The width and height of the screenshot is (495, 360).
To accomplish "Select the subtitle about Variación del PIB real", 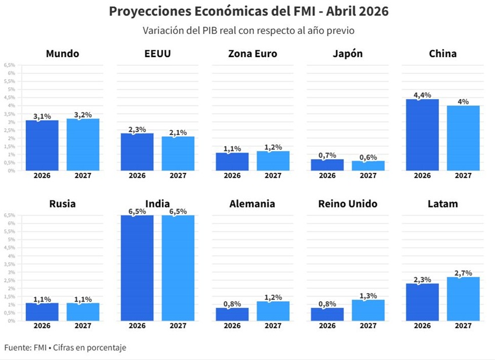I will [x=249, y=30].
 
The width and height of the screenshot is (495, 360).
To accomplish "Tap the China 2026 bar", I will [x=422, y=135].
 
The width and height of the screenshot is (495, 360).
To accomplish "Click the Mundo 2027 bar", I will [x=83, y=144].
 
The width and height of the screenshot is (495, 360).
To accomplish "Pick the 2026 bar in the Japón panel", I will [x=327, y=165].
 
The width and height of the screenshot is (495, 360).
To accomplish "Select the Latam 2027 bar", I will [x=463, y=298].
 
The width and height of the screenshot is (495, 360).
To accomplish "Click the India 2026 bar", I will [x=137, y=268].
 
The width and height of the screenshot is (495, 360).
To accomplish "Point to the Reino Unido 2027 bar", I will [x=368, y=310].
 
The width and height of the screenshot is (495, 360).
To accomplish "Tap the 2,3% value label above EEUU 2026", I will [x=137, y=129].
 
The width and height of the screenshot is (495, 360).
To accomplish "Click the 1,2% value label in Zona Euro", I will [x=273, y=147].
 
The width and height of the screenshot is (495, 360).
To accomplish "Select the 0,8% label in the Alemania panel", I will [x=232, y=303].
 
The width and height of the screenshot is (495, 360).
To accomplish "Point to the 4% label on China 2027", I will [x=463, y=101].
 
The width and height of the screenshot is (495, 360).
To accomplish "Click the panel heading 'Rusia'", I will [x=62, y=204].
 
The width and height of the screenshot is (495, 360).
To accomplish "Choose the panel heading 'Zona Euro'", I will [x=252, y=54].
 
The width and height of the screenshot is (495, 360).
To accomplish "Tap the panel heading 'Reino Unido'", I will [x=348, y=204].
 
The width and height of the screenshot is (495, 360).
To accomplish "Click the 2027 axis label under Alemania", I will [x=273, y=326].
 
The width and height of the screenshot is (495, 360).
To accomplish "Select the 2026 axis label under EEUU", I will [x=137, y=175].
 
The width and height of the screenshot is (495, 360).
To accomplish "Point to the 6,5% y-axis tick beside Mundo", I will [x=10, y=65].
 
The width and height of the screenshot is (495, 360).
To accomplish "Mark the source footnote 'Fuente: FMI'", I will [x=65, y=348].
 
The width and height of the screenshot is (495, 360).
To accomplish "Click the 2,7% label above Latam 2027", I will [x=463, y=273].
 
